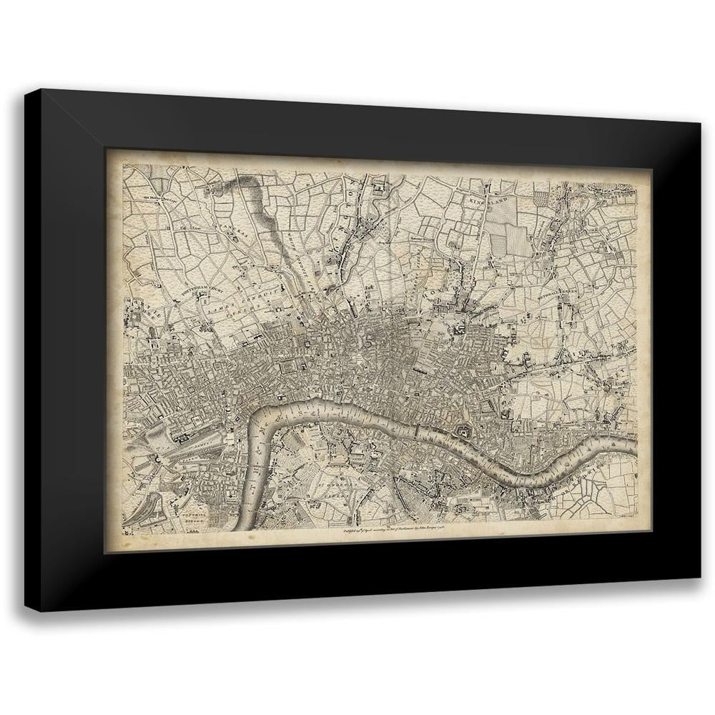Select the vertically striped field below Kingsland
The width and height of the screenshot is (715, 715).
[519, 237]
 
